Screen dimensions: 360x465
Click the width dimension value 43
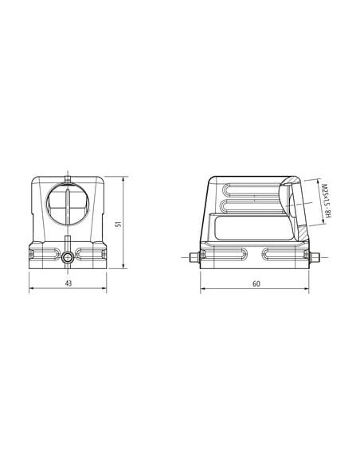pyautogui.click(x=68, y=283)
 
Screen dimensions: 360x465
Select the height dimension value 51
pyautogui.click(x=119, y=224)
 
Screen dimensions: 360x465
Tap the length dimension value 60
pyautogui.click(x=256, y=283)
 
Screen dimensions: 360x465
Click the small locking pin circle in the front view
pyautogui.click(x=68, y=257)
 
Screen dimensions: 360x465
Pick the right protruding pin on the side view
pyautogui.click(x=314, y=257)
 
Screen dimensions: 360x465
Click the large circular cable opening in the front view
pyautogui.click(x=68, y=204)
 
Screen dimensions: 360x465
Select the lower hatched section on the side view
pyautogui.click(x=303, y=232)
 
